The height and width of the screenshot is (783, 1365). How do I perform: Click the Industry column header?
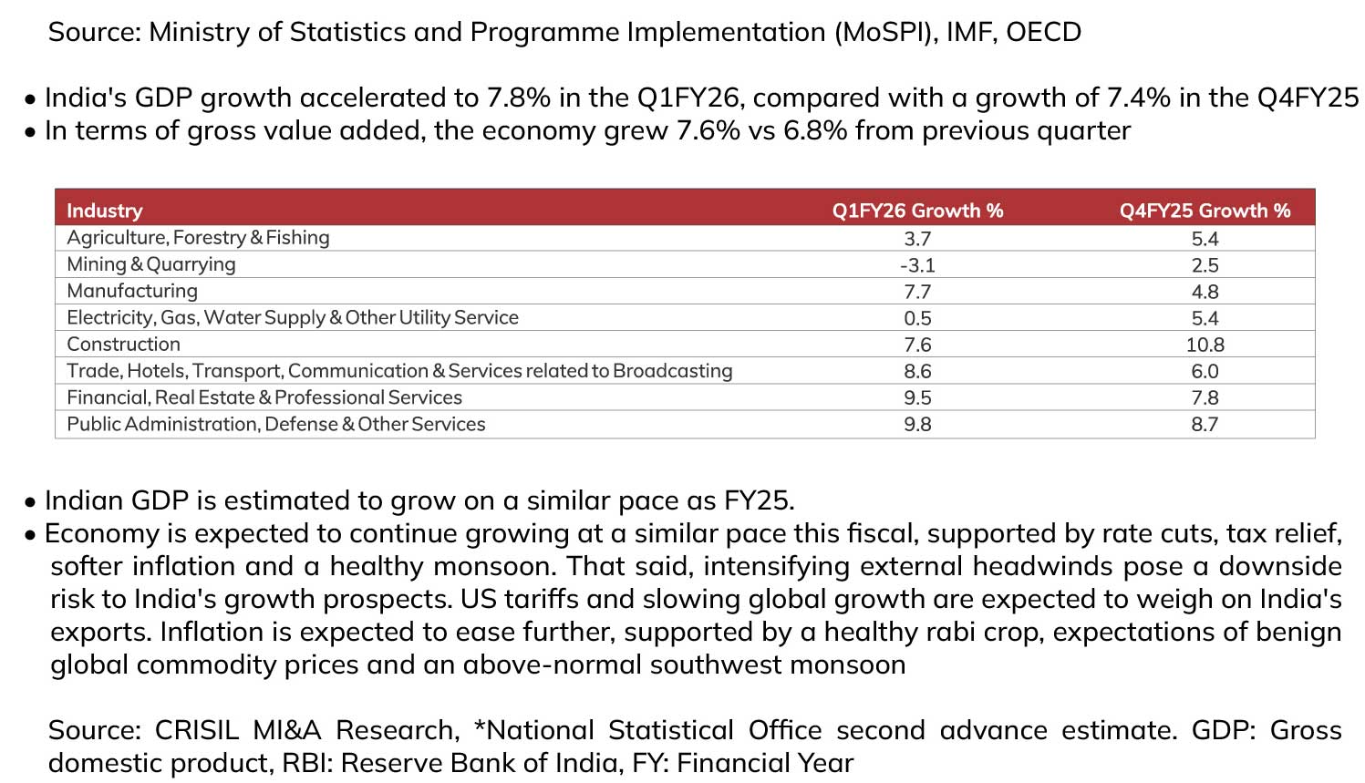click(105, 211)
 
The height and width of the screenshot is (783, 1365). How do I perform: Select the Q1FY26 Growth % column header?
click(917, 211)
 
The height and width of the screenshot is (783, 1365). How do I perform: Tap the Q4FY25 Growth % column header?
click(1205, 211)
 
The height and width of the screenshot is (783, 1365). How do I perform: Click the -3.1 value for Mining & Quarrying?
click(917, 265)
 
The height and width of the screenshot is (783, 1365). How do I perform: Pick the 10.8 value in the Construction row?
click(1205, 345)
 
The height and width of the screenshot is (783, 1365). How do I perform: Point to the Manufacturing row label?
click(132, 291)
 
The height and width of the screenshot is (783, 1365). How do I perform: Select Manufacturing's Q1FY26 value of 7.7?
click(917, 292)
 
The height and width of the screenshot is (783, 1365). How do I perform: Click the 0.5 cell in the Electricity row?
click(917, 318)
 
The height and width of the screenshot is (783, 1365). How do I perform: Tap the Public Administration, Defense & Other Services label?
click(275, 424)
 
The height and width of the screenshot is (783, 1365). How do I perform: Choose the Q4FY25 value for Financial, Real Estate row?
click(1205, 397)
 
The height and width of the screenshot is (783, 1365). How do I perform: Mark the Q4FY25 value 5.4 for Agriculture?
click(1205, 239)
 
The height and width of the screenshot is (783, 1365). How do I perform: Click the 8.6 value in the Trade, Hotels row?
click(917, 371)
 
